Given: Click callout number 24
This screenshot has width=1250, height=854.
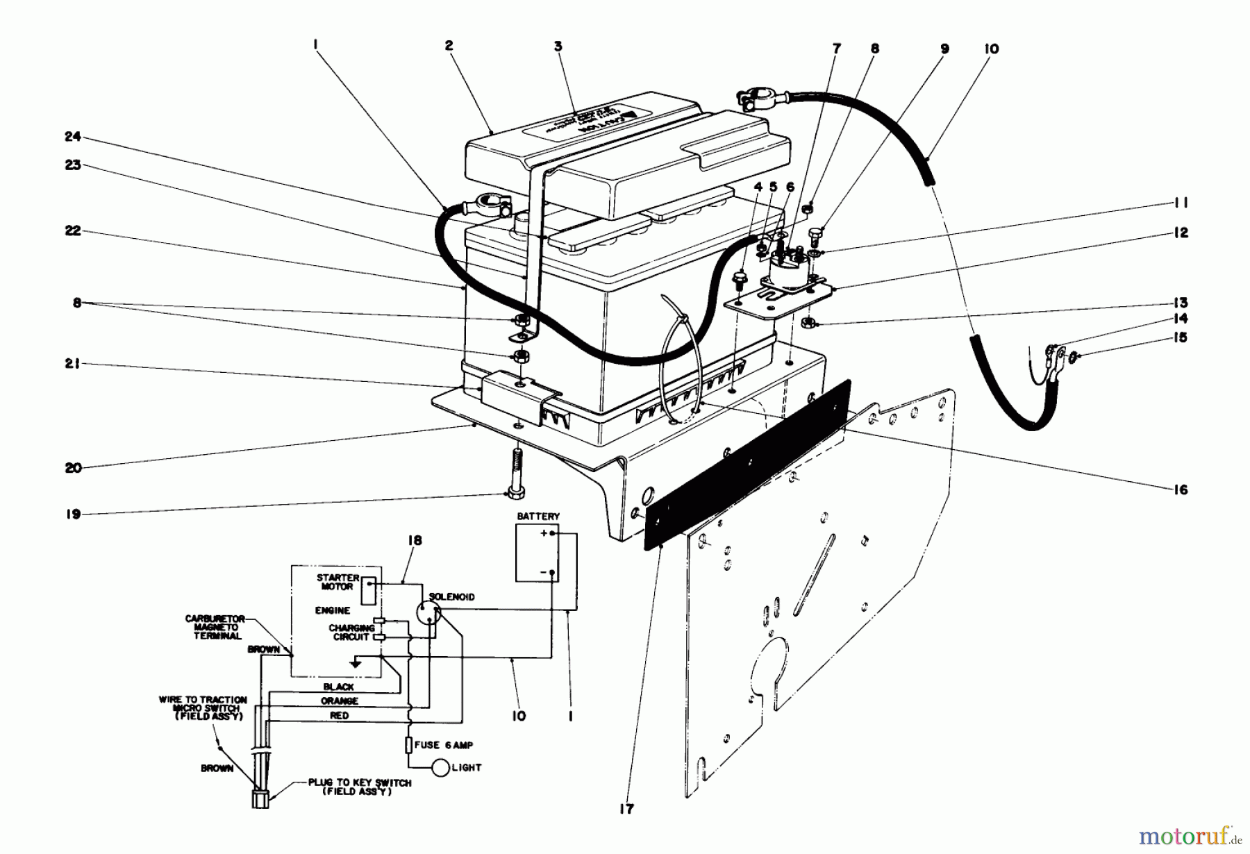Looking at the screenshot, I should [x=72, y=137].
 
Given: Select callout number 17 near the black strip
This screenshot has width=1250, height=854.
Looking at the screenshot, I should [x=626, y=809].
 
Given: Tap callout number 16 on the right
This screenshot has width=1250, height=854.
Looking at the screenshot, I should [x=1181, y=489].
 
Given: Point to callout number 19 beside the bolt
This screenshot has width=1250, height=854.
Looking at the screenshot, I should [x=73, y=514].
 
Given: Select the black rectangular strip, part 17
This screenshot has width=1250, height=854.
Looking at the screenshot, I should [x=747, y=465].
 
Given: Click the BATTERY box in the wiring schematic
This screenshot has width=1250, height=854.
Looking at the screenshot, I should [x=537, y=553].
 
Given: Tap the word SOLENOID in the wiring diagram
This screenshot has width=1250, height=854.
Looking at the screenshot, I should [x=451, y=597].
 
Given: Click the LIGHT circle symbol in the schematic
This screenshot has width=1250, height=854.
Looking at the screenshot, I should [x=442, y=768].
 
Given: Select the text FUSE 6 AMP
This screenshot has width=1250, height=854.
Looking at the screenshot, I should [x=443, y=745].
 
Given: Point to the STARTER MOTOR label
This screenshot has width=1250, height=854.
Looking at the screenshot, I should [x=337, y=582].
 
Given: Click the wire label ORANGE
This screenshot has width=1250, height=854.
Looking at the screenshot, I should [x=340, y=701].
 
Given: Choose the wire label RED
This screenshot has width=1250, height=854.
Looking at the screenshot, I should [x=340, y=715].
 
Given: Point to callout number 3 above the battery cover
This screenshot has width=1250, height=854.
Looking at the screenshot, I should [x=558, y=47].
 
